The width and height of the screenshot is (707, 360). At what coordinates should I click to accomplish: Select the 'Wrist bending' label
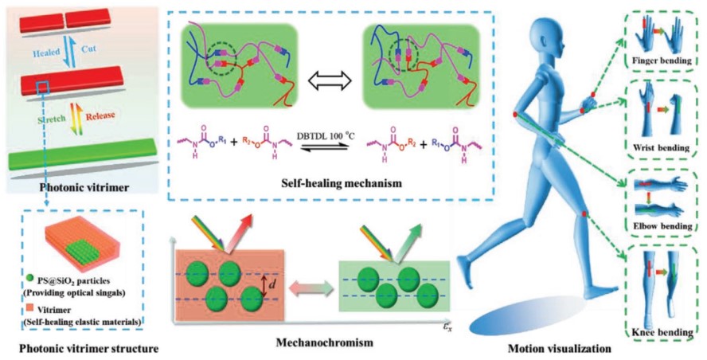[658, 148]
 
